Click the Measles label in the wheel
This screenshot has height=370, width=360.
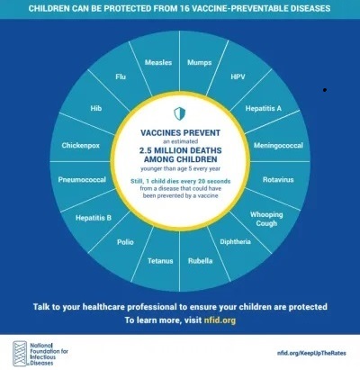pos(158,62)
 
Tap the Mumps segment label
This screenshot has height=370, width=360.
pos(200,62)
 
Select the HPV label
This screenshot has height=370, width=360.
pos(238,77)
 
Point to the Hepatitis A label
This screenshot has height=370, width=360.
pos(264,108)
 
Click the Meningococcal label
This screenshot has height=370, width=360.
pos(278,146)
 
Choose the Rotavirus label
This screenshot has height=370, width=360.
pos(278,180)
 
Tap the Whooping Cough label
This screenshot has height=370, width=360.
pos(266,219)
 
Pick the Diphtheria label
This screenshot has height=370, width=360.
pos(235,242)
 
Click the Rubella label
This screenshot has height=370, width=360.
pos(201,261)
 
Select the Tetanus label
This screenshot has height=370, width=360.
pos(160,261)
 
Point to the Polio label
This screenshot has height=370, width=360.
pos(125,242)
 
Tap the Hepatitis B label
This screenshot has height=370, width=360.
pos(94,218)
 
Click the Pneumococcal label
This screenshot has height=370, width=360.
pos(82,180)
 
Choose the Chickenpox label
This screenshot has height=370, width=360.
pos(81,146)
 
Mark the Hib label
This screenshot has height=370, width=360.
pos(96,108)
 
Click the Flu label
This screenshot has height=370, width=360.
pos(121,77)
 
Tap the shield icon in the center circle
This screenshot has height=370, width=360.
pos(180,113)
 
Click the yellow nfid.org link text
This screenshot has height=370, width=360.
pos(220,320)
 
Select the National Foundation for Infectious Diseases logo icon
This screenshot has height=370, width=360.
pos(20,354)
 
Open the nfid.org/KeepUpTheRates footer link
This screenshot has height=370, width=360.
pos(311,353)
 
